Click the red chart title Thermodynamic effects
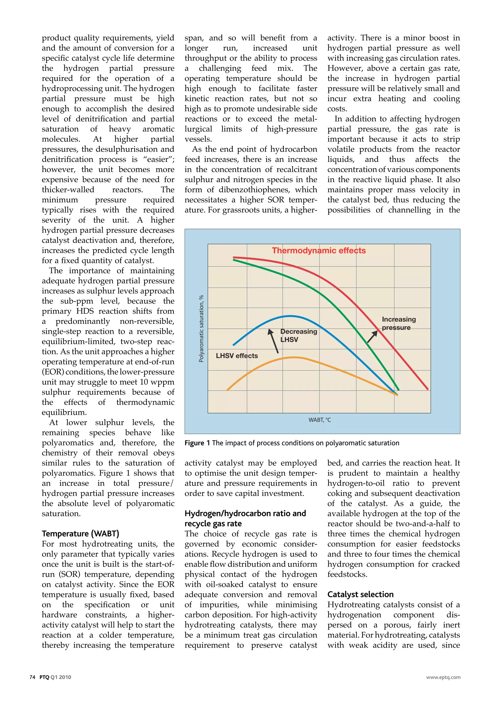point(319,251)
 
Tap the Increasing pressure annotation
point(399,323)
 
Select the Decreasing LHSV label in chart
point(298,336)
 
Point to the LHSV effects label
point(237,356)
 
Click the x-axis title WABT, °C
point(320,420)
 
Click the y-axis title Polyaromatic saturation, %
point(201,329)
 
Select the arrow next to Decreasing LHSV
point(274,341)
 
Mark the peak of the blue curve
point(290,316)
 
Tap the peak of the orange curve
point(293,357)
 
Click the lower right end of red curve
point(427,389)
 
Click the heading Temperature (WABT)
point(80,534)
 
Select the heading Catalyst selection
point(360,594)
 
